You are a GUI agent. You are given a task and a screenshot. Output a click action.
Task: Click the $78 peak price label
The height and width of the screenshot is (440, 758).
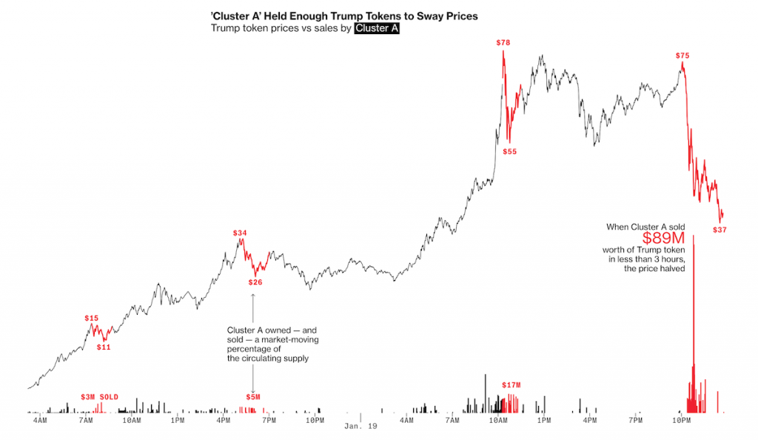(x=503, y=42)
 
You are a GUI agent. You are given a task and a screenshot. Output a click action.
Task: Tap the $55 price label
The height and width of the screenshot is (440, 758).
(x=510, y=152)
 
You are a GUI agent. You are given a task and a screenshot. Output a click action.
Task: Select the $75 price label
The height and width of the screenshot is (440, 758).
(x=682, y=56)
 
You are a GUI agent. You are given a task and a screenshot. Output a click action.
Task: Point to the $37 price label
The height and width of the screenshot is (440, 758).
(x=720, y=230)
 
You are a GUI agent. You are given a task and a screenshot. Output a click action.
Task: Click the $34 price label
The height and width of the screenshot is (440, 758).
(x=240, y=233)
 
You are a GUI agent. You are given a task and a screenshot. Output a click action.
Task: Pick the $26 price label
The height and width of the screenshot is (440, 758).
(x=255, y=282)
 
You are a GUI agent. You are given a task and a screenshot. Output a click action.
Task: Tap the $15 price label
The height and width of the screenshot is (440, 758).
(x=92, y=318)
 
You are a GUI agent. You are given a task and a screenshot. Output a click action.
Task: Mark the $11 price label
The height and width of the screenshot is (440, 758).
(x=104, y=347)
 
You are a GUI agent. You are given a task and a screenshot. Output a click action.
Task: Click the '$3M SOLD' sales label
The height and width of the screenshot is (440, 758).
(x=100, y=396)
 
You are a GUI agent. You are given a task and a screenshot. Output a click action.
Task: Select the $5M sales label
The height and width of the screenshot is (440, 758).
(x=253, y=397)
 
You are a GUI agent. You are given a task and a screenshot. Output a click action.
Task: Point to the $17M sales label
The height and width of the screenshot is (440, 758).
(x=512, y=385)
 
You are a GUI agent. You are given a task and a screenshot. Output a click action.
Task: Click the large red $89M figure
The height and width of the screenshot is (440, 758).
(x=663, y=239)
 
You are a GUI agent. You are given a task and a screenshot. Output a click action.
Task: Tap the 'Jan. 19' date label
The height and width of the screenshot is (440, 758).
(x=360, y=427)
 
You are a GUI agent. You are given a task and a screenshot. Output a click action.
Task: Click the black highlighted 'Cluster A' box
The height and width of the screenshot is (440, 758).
(x=377, y=28)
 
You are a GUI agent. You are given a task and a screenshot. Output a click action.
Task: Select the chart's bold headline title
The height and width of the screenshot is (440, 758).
(x=344, y=15)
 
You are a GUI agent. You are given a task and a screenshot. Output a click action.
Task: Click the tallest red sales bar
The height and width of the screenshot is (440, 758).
(x=694, y=319)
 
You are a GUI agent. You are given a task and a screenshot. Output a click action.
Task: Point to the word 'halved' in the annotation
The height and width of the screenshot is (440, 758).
(x=670, y=269)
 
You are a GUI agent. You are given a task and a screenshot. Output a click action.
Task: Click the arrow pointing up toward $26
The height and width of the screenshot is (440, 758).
(x=253, y=296)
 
